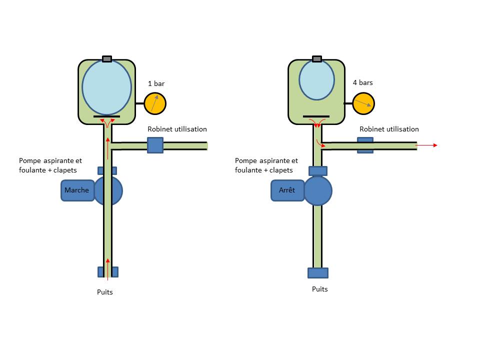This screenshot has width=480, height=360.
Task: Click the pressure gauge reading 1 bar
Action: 155,104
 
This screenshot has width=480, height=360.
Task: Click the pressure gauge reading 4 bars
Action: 363,104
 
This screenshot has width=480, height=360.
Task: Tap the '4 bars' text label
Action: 362,82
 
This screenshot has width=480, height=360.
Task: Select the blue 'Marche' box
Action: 77,190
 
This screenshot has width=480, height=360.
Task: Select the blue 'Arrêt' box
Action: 287,190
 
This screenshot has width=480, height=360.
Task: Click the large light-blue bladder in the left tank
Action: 106,87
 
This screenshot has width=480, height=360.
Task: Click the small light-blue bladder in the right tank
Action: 316,80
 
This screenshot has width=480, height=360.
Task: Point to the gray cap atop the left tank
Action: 106,59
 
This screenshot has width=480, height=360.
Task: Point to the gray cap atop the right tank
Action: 316,59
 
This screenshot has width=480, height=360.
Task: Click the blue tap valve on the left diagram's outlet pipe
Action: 155,145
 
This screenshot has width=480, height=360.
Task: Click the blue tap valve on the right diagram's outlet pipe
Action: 365,145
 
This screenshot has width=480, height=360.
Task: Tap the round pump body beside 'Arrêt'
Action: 318,190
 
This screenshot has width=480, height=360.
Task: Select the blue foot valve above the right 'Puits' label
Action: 318,273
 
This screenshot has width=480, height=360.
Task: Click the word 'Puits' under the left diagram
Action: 105,292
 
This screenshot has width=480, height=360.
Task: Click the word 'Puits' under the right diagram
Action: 320,289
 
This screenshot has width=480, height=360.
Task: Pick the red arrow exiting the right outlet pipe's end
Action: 427,145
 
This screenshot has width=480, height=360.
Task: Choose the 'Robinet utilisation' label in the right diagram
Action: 389,129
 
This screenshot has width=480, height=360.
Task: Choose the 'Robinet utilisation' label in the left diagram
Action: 177,129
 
